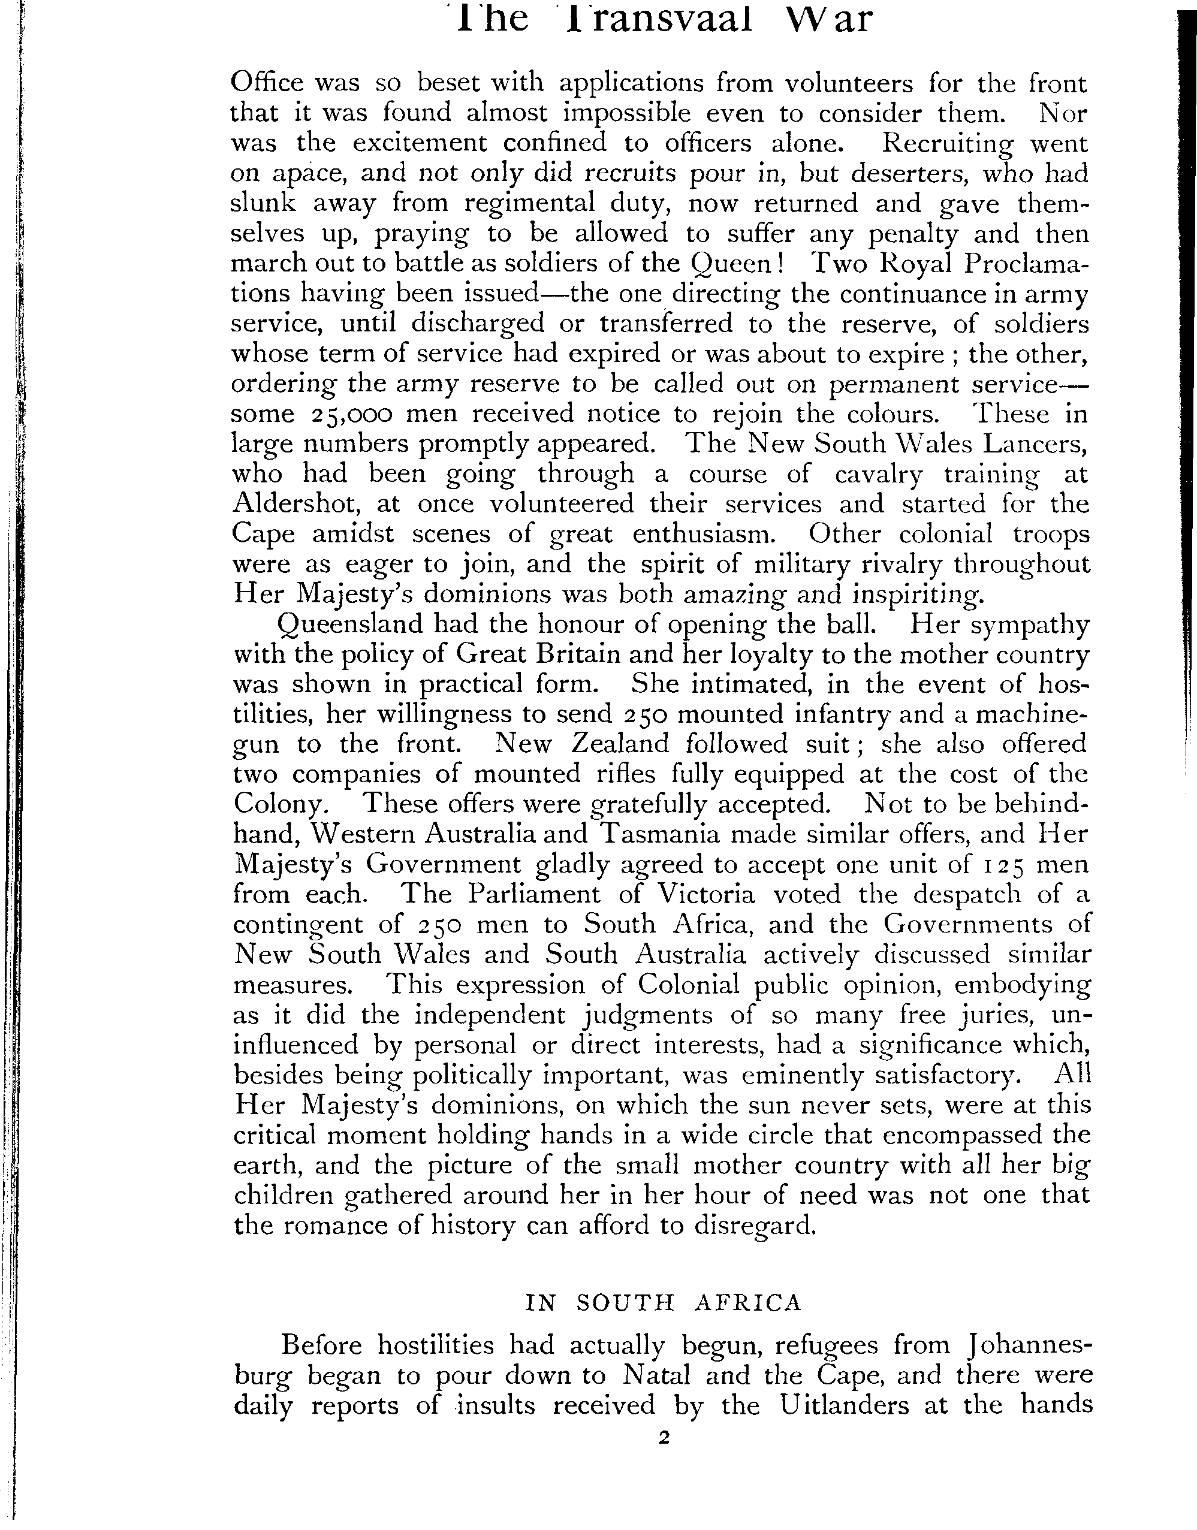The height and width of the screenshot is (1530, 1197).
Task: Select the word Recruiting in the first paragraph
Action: (946, 144)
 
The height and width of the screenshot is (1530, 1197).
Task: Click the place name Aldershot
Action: (294, 505)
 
